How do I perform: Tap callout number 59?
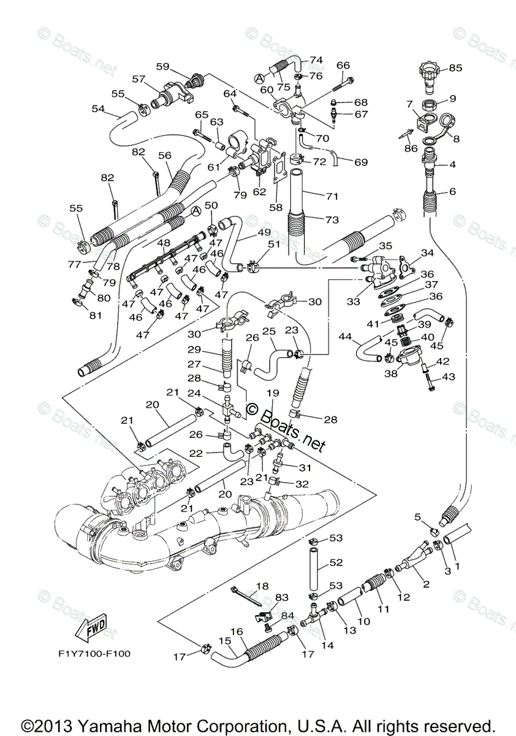[x=162, y=66]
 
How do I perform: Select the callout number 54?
[x=98, y=109]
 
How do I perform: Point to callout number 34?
[x=427, y=253]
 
